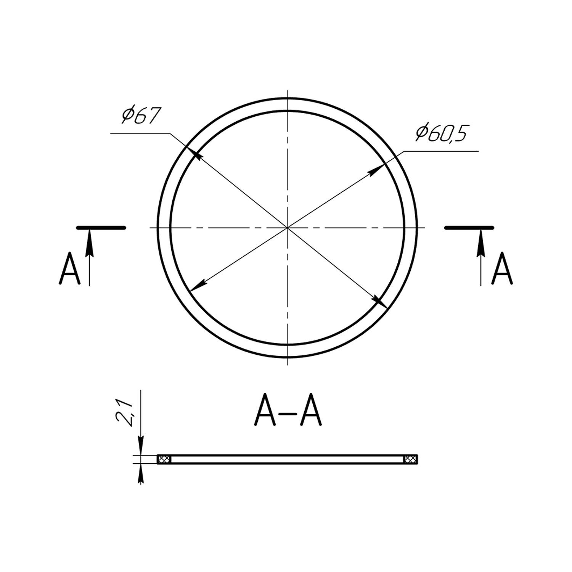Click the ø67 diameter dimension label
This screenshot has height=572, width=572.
[x=140, y=116]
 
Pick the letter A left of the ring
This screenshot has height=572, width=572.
[x=70, y=268]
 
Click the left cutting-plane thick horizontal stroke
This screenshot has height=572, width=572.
[x=101, y=228]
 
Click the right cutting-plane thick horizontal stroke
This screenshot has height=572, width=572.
[x=469, y=228]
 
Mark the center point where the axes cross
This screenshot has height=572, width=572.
[x=287, y=228]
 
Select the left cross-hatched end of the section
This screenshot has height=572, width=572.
[x=163, y=459]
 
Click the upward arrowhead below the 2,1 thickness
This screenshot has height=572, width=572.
[x=141, y=471]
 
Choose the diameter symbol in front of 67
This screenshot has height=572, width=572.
[x=127, y=116]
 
